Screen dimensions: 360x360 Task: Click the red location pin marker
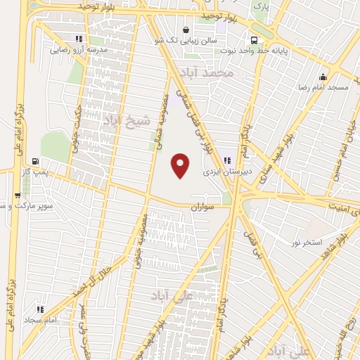[x=181, y=166]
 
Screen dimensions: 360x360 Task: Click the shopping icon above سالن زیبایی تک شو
[x=185, y=30]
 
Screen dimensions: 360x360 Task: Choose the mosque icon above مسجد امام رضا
[x=323, y=77]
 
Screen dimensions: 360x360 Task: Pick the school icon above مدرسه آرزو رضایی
[x=78, y=39]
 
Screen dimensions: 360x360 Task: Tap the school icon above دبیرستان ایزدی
[x=226, y=160]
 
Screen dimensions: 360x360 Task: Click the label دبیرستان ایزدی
[x=222, y=171]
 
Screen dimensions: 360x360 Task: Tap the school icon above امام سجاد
[x=40, y=309]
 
